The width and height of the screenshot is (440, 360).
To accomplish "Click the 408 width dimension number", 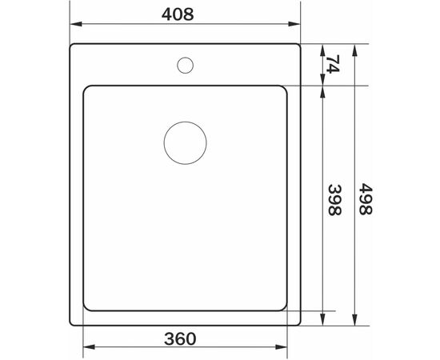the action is pos(178,14).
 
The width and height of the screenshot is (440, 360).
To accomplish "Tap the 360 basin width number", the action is pos(180,338).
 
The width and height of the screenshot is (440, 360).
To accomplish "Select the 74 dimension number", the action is pos(333,64).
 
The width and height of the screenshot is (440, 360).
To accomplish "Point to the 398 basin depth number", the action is pos(334,200).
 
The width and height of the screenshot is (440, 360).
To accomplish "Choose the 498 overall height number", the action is pos(366,199).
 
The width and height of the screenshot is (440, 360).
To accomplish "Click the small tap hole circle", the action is pos(186,58).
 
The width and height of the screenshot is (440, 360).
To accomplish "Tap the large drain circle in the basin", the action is pos(186,122).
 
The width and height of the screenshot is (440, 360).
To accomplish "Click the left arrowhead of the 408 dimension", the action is pos(76,24).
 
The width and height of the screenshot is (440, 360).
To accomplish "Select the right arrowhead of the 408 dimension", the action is pos(294,24).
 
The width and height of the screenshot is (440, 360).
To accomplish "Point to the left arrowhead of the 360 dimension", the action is pos(90,347).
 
